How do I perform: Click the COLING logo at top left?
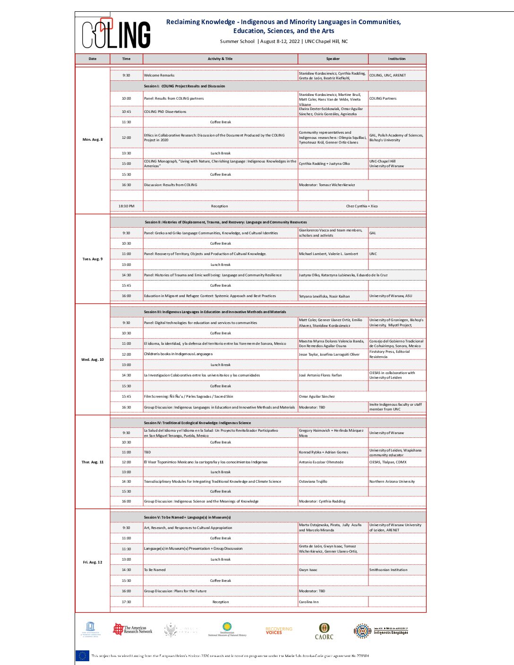click(x=116, y=34)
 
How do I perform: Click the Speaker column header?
click(x=333, y=59)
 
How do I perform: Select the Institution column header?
click(x=396, y=59)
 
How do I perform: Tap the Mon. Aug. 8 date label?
click(x=93, y=140)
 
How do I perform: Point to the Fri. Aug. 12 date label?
click(x=93, y=562)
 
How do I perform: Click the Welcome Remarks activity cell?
click(x=159, y=76)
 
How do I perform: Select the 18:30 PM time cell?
click(x=126, y=206)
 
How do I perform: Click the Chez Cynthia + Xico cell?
click(x=361, y=206)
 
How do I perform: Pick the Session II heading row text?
click(x=225, y=222)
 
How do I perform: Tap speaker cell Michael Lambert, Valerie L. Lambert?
click(x=328, y=254)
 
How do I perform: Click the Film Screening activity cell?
click(x=188, y=397)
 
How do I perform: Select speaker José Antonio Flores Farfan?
click(x=320, y=375)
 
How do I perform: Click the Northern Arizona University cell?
click(x=392, y=482)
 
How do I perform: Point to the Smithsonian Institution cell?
click(x=388, y=570)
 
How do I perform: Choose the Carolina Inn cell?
click(x=308, y=602)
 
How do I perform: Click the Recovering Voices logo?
click(x=279, y=631)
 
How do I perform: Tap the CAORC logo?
click(x=324, y=631)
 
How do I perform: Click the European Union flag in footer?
click(x=82, y=656)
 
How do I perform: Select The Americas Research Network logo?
click(x=133, y=630)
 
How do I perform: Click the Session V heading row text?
click(x=187, y=518)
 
